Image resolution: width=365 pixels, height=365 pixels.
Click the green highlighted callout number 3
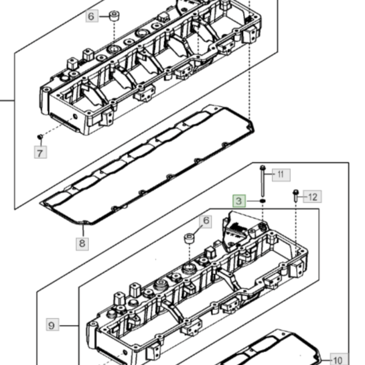239,201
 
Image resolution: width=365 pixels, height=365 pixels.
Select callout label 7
41,153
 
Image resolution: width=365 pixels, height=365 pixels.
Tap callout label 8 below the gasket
82,244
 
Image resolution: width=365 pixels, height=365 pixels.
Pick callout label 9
52,325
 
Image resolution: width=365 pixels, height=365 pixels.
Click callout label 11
281,175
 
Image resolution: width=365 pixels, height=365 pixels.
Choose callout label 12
313,196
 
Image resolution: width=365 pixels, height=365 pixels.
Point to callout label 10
339,360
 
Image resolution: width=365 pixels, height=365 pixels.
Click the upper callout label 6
92,16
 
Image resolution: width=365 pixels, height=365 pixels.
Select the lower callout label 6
206,221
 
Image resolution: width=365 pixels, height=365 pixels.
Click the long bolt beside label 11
263,181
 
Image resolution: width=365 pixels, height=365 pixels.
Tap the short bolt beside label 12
296,196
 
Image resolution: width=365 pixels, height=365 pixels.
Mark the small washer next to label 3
263,201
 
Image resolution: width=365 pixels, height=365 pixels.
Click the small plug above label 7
40,137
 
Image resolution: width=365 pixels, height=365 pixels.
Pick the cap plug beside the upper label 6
114,16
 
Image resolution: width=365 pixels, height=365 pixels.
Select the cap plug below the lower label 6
190,239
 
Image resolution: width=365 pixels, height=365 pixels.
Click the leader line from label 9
69,325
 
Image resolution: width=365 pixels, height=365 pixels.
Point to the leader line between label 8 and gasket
83,230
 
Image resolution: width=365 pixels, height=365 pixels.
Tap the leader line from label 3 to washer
253,201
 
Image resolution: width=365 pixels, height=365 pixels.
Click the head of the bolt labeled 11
263,167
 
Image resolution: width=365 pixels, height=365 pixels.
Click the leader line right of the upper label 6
104,16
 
